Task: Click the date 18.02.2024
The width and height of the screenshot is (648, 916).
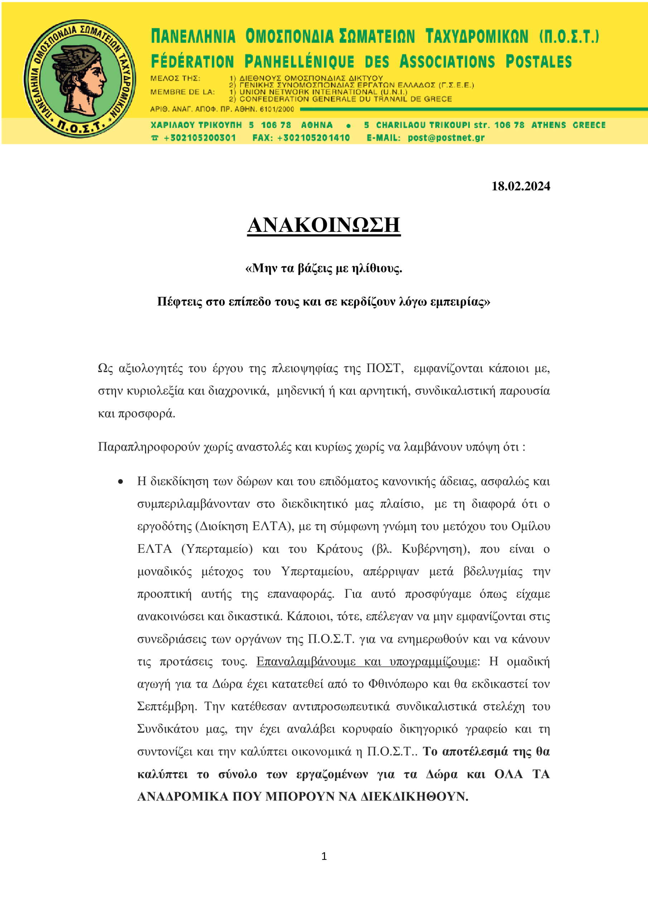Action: [520, 186]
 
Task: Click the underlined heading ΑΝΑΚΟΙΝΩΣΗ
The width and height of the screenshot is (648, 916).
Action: [323, 225]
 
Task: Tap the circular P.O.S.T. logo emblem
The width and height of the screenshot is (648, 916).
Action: [79, 79]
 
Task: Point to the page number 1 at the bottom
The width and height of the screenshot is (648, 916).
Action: [324, 856]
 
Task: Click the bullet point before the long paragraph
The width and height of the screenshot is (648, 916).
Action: [121, 482]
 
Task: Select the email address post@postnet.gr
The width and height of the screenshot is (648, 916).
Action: [446, 138]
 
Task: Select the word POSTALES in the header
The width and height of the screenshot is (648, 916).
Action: [538, 62]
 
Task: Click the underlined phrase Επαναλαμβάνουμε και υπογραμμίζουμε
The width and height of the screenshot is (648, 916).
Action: [366, 662]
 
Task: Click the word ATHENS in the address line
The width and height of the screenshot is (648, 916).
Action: [548, 125]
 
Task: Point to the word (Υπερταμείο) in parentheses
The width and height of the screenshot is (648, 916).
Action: [217, 549]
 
